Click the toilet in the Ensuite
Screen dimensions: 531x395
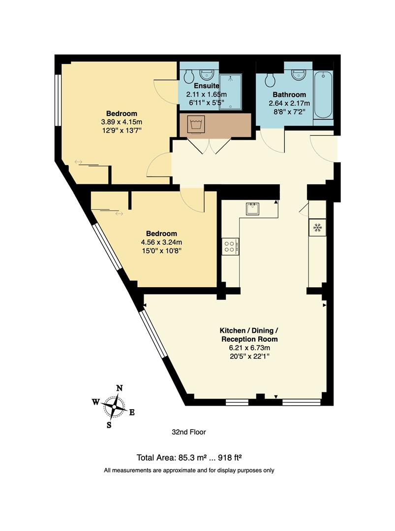pyautogui.click(x=187, y=76)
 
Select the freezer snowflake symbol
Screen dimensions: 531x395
pyautogui.click(x=317, y=227)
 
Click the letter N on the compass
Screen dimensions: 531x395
pyautogui.click(x=119, y=388)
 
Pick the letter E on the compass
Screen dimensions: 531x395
pyautogui.click(x=132, y=413)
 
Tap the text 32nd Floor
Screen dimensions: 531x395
pyautogui.click(x=188, y=432)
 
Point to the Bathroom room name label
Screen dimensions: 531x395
pyautogui.click(x=289, y=94)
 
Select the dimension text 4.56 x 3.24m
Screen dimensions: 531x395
pyautogui.click(x=161, y=242)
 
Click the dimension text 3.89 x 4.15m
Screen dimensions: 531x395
pyautogui.click(x=122, y=122)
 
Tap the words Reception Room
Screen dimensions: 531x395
pyautogui.click(x=249, y=339)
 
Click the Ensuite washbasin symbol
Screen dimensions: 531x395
pyautogui.click(x=206, y=75)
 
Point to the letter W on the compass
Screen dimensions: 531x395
pyautogui.click(x=95, y=402)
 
